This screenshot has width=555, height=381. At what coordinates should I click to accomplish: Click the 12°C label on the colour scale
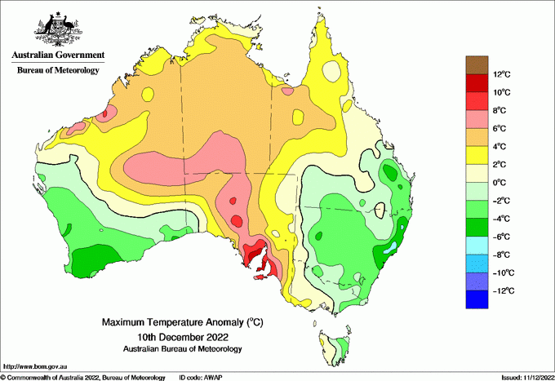tap(501, 75)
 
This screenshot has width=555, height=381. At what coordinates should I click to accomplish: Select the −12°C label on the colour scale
tap(503, 290)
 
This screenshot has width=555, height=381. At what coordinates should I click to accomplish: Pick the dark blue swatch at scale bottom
tap(477, 299)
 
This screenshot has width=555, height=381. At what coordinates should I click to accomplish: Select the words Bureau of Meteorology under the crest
tap(58, 71)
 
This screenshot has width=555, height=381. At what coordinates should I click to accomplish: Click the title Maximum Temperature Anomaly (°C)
tap(182, 323)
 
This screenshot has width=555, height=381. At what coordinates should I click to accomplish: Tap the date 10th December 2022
tap(182, 336)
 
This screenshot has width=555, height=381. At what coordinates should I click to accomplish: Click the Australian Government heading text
tap(58, 55)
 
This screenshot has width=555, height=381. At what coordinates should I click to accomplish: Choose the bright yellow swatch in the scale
tap(477, 155)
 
